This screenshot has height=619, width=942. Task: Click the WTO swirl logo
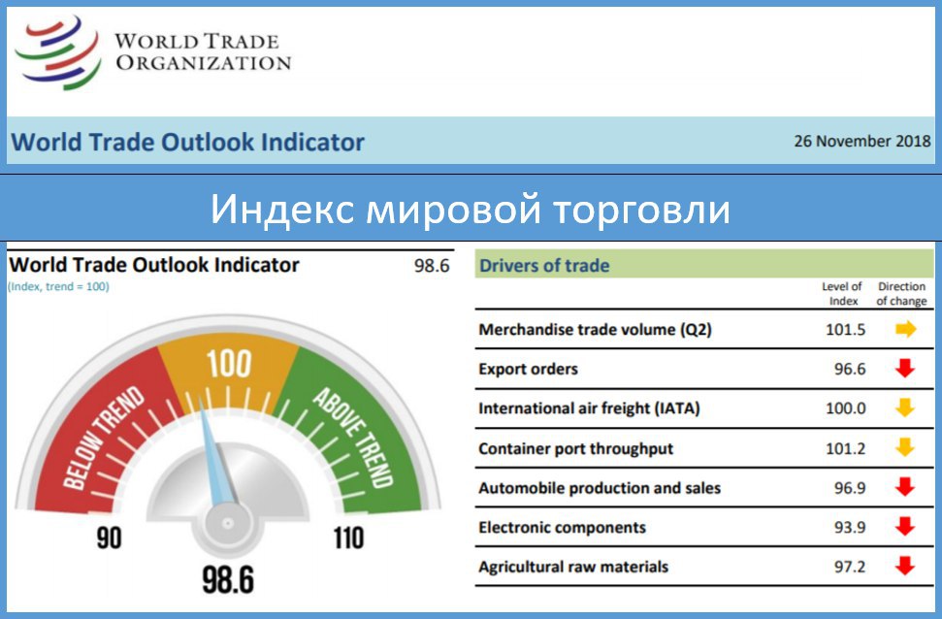(x=57, y=53)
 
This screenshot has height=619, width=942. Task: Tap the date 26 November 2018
(x=862, y=142)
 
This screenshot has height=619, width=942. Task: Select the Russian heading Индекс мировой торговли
(x=471, y=209)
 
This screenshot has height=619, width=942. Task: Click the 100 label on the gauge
(x=229, y=364)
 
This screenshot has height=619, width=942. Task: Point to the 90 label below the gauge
(x=109, y=538)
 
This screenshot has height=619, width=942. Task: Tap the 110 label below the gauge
(x=349, y=538)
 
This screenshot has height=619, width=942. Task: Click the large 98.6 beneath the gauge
(x=228, y=579)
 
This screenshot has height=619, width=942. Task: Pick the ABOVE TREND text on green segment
(x=354, y=437)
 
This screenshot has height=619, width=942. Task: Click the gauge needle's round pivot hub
(x=227, y=523)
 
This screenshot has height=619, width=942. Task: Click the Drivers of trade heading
(x=544, y=266)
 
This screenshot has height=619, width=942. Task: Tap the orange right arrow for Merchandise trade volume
(x=905, y=329)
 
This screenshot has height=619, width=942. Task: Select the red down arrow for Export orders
(x=905, y=368)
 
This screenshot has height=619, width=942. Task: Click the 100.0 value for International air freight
(x=846, y=408)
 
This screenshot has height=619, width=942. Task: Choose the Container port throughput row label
(x=575, y=449)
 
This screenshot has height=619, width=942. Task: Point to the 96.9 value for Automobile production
(x=850, y=488)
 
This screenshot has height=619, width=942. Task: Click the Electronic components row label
(x=563, y=528)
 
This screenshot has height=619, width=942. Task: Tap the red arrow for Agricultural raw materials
(x=905, y=566)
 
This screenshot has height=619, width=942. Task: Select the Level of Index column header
(x=842, y=294)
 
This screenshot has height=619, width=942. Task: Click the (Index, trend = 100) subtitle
(x=58, y=286)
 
